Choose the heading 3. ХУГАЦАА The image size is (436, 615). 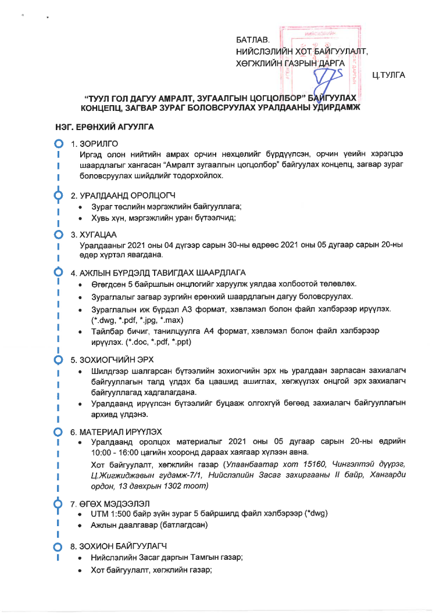(95, 234)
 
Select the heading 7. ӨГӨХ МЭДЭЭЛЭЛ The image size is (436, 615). (110, 502)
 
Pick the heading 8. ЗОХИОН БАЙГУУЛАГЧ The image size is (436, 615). (119, 546)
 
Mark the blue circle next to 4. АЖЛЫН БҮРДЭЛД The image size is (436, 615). (58, 272)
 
